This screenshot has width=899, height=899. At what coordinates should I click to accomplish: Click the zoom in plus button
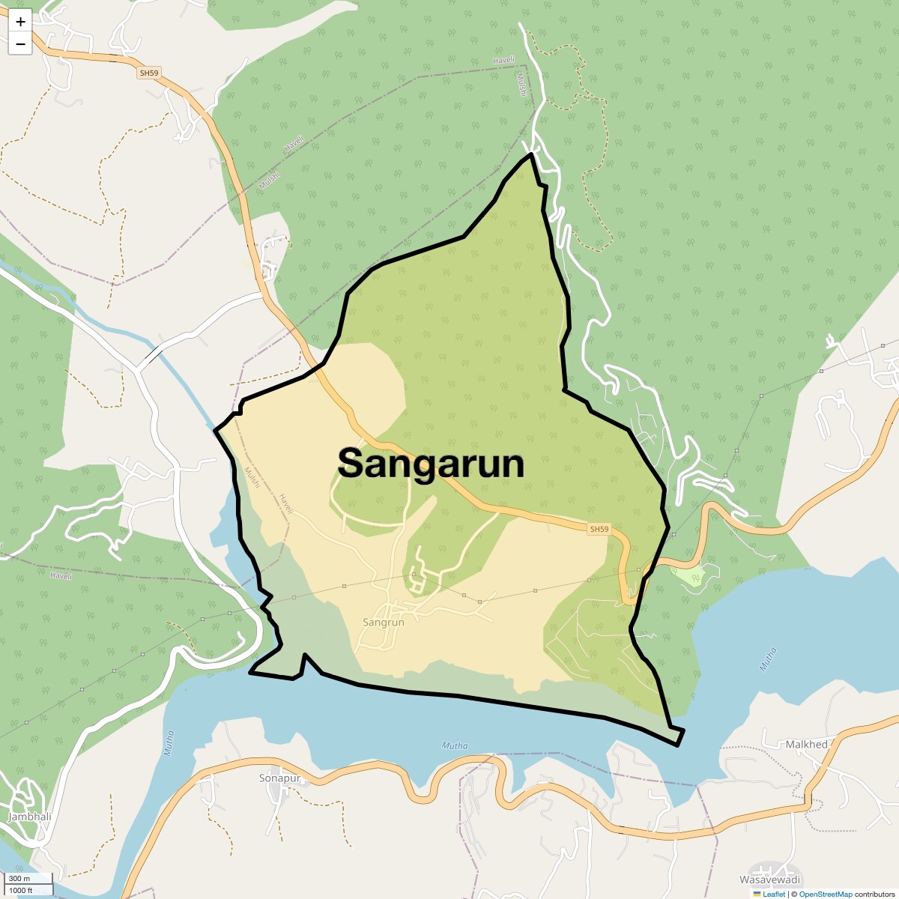point(20,22)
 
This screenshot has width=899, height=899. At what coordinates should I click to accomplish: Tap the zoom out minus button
point(20,44)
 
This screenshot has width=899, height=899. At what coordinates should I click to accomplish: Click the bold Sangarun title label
point(431,463)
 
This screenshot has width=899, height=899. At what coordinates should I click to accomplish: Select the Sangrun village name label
point(383,622)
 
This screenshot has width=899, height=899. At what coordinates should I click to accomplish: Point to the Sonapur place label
point(279,778)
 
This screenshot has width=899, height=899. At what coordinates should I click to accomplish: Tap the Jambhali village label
point(29,817)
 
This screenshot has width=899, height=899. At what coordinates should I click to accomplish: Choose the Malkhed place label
point(806,745)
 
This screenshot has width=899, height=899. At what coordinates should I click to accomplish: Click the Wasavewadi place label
point(769,880)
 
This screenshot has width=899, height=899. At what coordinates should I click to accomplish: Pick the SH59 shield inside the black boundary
point(599,530)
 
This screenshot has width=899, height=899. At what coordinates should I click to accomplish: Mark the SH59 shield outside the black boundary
point(149,73)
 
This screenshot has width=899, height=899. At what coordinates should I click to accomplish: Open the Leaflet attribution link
point(774,894)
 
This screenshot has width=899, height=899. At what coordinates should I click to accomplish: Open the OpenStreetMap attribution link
point(825,894)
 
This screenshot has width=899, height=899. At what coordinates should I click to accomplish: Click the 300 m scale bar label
point(20,879)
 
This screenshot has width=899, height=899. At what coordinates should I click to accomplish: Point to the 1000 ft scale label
point(20,890)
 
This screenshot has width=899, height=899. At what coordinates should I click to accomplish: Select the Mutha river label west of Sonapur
point(169,742)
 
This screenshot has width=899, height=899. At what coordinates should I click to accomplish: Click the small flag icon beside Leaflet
point(757,894)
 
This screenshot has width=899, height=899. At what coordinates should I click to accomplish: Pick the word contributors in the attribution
point(875,894)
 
